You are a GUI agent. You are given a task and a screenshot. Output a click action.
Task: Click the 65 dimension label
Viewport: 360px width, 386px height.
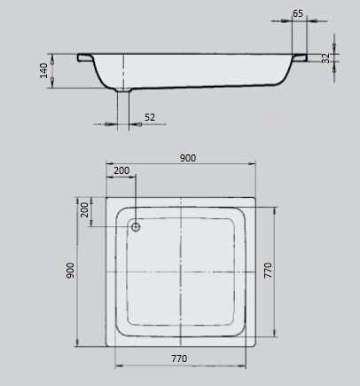(298, 13)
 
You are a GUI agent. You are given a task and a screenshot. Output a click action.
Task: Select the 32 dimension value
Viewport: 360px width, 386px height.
(325, 58)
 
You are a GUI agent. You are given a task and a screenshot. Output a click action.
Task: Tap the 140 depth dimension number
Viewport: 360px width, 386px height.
(43, 70)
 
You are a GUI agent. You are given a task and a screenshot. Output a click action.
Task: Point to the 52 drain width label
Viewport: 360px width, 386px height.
(150, 117)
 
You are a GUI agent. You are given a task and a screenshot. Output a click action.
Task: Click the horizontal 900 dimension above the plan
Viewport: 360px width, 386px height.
(188, 158)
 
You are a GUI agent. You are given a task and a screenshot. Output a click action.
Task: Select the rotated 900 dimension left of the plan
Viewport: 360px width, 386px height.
(70, 271)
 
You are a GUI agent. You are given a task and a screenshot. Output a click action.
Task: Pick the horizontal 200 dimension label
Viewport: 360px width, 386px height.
(121, 170)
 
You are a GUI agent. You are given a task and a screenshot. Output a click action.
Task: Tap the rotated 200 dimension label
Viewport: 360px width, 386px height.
(84, 209)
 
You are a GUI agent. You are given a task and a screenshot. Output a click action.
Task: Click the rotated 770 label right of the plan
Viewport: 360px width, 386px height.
(268, 270)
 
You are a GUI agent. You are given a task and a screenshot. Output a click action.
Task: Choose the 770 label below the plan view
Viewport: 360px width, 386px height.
(179, 358)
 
